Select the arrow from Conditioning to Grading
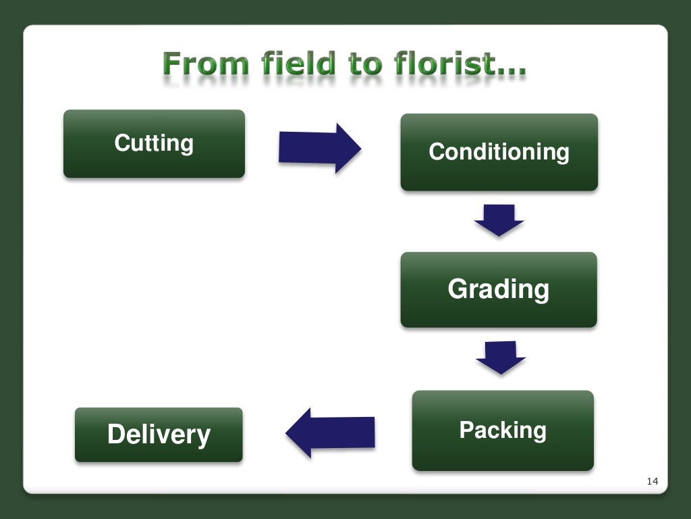click(499, 220)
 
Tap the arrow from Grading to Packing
click(500, 357)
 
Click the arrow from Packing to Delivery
click(330, 432)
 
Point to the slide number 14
click(652, 481)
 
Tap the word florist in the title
click(443, 65)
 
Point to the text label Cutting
click(154, 143)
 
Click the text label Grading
click(499, 289)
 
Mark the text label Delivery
click(159, 435)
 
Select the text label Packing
click(503, 430)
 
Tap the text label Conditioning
click(499, 151)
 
